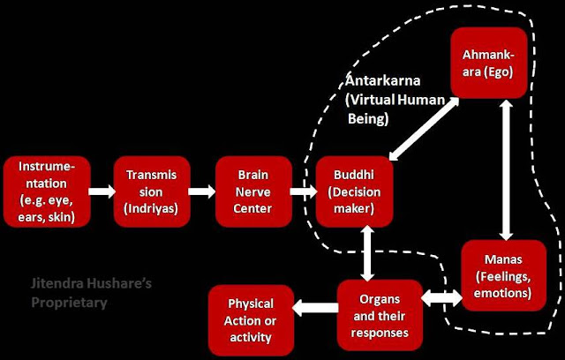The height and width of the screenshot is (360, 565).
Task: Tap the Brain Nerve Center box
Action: click(x=253, y=190)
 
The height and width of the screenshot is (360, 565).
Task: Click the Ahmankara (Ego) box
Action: click(x=489, y=63)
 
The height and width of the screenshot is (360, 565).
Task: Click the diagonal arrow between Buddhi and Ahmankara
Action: click(x=420, y=126)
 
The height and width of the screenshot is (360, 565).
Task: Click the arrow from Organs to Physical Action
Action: click(x=313, y=308)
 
